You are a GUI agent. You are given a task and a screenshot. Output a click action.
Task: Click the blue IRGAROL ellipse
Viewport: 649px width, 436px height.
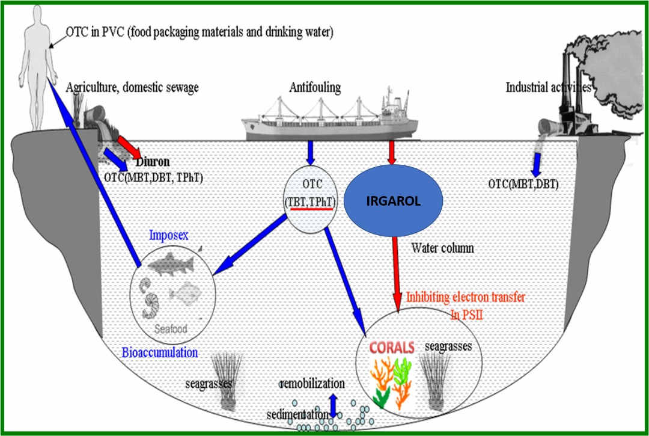tap(393, 201)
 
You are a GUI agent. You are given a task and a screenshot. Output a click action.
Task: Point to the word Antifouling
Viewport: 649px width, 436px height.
tap(314, 88)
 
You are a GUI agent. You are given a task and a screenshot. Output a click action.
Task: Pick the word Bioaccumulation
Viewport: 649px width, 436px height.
tap(159, 352)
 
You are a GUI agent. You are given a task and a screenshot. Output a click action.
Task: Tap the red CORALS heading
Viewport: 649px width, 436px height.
tap(392, 348)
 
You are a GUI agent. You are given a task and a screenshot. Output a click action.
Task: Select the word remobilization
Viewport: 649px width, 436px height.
tap(312, 383)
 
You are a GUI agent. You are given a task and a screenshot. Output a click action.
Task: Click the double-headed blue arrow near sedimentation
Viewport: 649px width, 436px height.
tap(333, 404)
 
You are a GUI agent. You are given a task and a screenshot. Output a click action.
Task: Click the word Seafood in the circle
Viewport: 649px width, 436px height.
tap(170, 329)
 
